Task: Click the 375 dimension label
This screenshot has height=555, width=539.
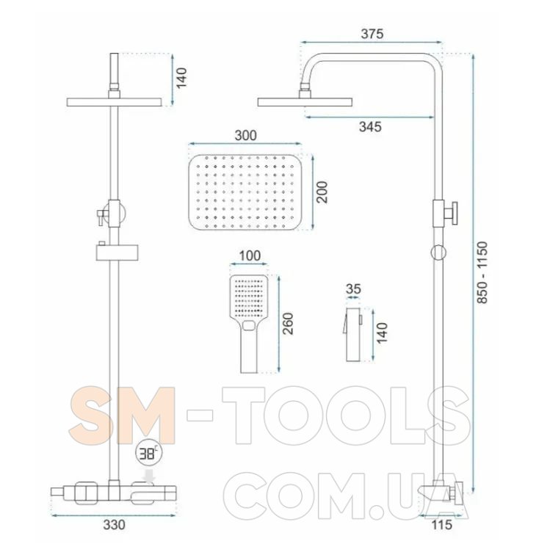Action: point(372,34)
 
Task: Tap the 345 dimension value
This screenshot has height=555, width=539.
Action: point(370,127)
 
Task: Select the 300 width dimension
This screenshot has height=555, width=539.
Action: point(245,135)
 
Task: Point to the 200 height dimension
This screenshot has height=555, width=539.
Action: point(322,192)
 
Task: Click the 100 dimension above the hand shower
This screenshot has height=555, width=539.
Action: point(250,255)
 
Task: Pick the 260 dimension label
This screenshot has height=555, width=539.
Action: point(288,324)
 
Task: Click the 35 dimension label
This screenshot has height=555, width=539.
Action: point(353,289)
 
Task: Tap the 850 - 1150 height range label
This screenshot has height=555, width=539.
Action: point(482,272)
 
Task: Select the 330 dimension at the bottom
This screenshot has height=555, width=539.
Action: point(114,525)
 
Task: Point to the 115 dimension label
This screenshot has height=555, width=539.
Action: point(441,525)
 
